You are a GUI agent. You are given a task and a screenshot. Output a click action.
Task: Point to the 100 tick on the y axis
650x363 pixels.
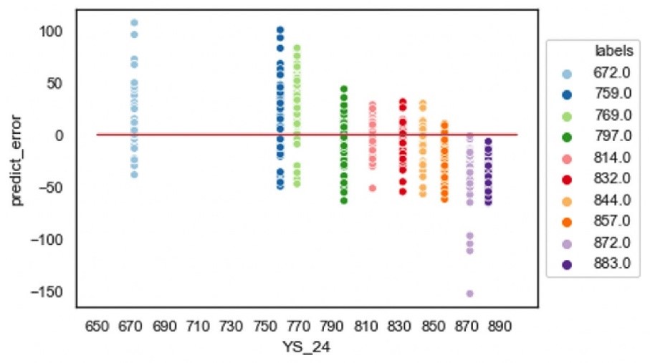pyautogui.click(x=56, y=32)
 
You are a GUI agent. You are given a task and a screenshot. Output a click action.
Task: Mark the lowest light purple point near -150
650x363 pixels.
pyautogui.click(x=470, y=294)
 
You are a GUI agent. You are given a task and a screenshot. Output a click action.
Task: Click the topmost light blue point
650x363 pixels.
pyautogui.click(x=134, y=23)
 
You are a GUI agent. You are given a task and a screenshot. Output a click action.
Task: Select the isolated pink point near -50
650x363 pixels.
pyautogui.click(x=373, y=188)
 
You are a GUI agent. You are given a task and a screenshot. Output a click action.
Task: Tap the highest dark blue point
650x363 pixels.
pyautogui.click(x=280, y=30)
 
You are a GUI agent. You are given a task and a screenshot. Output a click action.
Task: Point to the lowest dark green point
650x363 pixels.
pyautogui.click(x=344, y=200)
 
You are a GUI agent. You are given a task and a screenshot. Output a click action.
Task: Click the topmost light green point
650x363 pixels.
pyautogui.click(x=297, y=49)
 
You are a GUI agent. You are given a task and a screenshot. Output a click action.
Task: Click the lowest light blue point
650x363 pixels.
pyautogui.click(x=134, y=174)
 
